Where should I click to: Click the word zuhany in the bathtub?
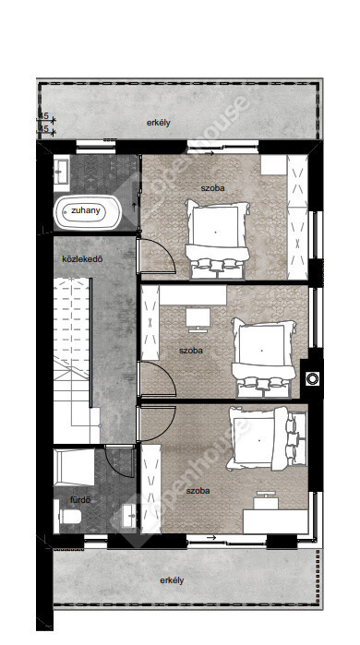[x=86, y=210]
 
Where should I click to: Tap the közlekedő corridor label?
[x=82, y=259]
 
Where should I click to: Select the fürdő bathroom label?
[x=80, y=500]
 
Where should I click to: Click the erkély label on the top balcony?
[x=159, y=123]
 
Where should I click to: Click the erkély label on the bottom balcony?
[x=172, y=580]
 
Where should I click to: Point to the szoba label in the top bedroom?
[x=212, y=188]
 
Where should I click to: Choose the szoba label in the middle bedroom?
[x=191, y=351]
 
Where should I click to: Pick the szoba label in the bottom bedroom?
[x=198, y=491]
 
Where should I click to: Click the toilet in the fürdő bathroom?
[x=69, y=516]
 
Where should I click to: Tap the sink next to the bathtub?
[x=62, y=170]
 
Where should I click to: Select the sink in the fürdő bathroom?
[x=129, y=513]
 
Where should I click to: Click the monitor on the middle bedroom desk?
[x=198, y=320]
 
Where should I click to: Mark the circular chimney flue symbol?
[x=313, y=378]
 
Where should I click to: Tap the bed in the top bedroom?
[x=217, y=237]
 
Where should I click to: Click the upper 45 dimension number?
[x=45, y=116]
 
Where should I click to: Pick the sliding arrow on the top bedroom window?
[x=210, y=154]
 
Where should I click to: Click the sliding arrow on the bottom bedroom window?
[x=211, y=537]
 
